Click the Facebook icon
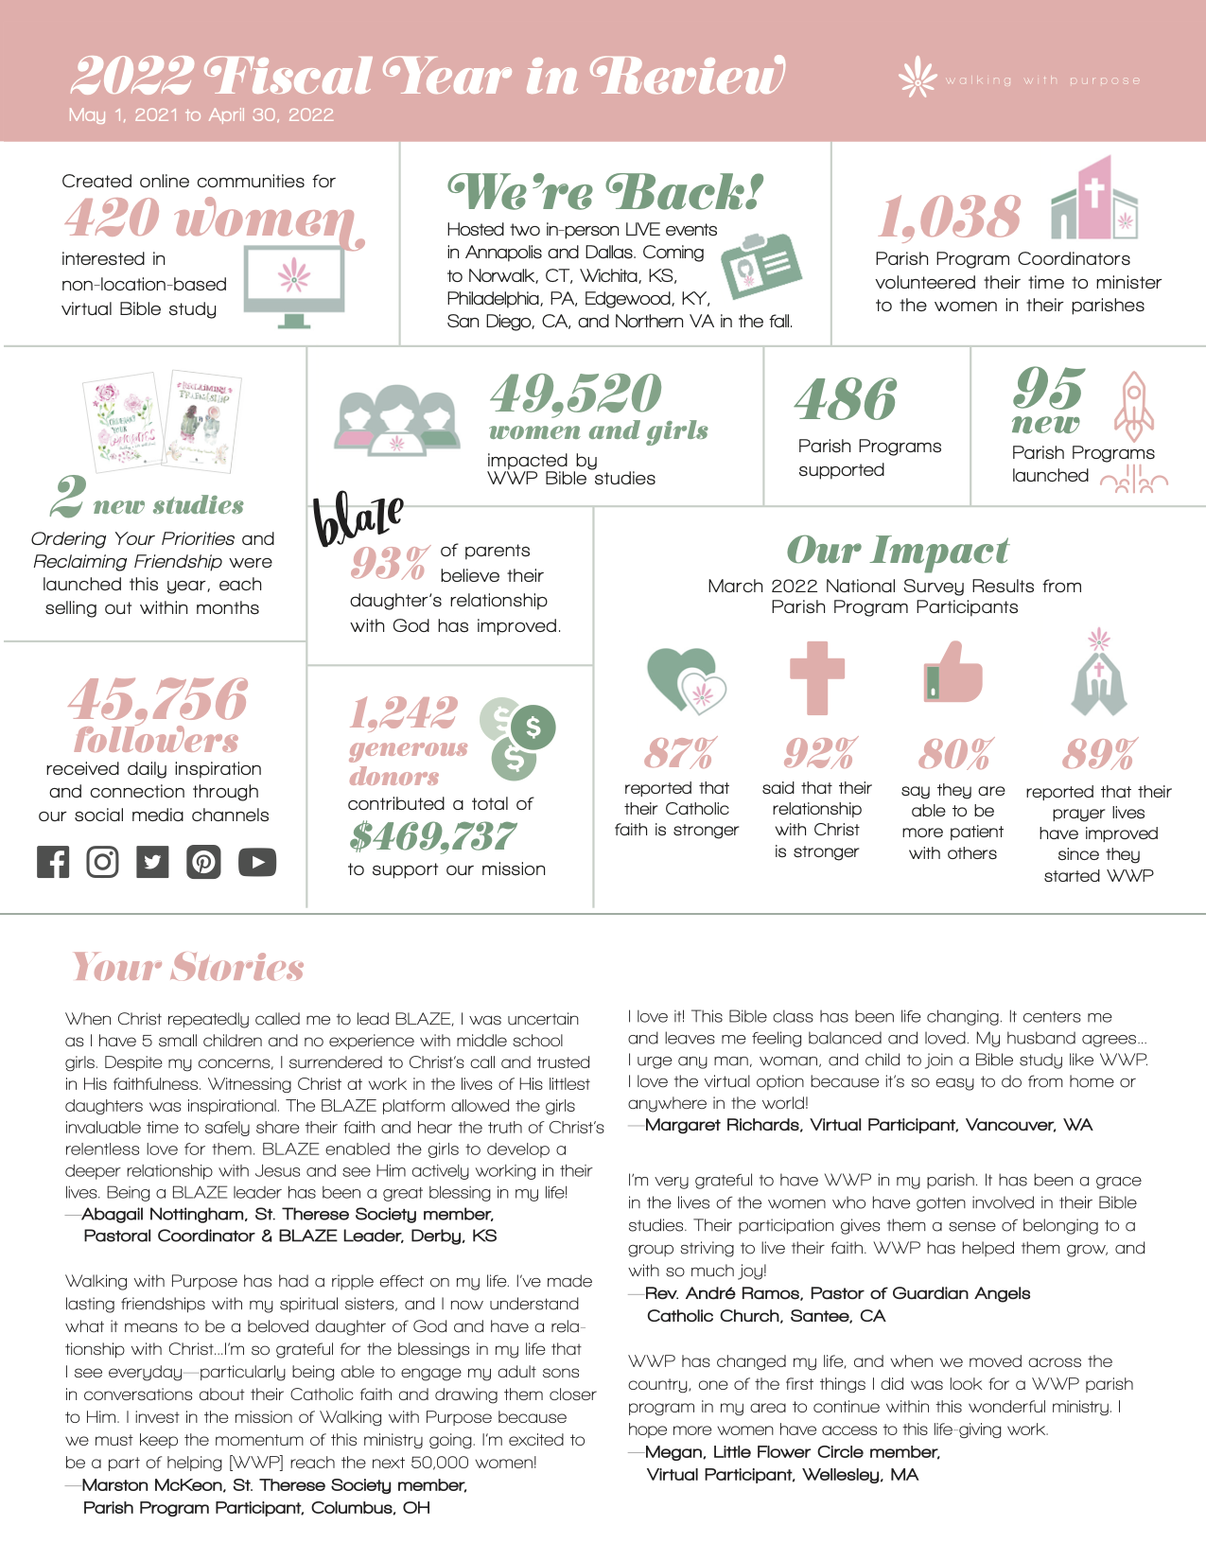(53, 862)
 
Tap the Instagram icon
(102, 862)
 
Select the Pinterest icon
(203, 862)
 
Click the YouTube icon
(257, 862)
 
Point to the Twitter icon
(152, 862)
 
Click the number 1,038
(950, 217)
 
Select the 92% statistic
(819, 754)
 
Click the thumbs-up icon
(953, 674)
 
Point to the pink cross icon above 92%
(816, 677)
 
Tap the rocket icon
(1133, 401)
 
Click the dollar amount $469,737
(432, 836)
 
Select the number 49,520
(576, 394)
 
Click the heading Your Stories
(188, 967)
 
